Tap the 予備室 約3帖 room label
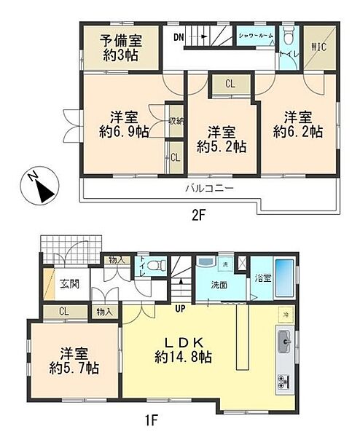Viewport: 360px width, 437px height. click(x=121, y=45)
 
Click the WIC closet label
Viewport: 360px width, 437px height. click(x=320, y=48)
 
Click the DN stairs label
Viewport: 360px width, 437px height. click(x=179, y=36)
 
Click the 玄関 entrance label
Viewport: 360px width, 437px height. click(x=70, y=282)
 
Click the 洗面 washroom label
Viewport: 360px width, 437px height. click(x=219, y=284)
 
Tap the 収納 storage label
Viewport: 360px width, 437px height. click(x=175, y=120)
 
